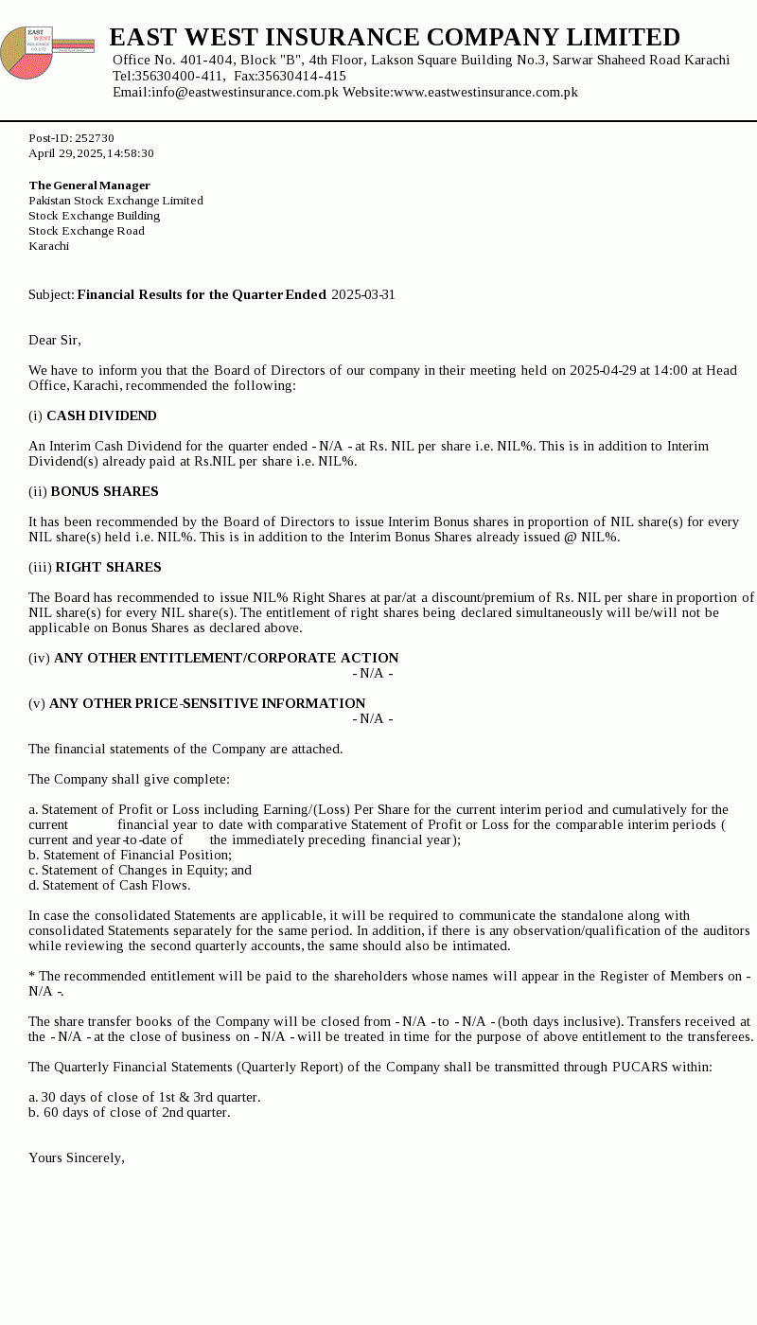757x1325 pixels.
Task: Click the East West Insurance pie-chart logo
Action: click(27, 53)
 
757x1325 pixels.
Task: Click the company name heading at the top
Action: click(395, 38)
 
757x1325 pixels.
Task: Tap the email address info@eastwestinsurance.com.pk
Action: click(244, 93)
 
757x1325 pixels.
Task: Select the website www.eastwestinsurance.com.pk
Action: click(485, 93)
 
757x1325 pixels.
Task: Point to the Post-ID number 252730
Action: click(95, 138)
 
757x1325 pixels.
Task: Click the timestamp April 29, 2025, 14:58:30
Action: click(91, 153)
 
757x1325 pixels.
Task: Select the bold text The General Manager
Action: click(89, 185)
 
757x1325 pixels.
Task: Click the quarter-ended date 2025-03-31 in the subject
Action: click(363, 295)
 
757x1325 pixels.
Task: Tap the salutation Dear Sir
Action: click(55, 341)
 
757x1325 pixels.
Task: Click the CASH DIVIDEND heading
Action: click(101, 416)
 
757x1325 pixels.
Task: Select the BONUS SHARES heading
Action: click(104, 492)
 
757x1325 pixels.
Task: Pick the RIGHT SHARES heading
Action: click(108, 568)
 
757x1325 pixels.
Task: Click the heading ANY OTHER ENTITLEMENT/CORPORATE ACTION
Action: click(226, 659)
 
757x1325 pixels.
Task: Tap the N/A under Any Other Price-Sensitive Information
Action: click(373, 719)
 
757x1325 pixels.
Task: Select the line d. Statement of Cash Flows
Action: click(110, 886)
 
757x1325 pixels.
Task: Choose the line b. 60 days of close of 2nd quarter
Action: click(130, 1113)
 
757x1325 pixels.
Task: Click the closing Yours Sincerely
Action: click(77, 1158)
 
